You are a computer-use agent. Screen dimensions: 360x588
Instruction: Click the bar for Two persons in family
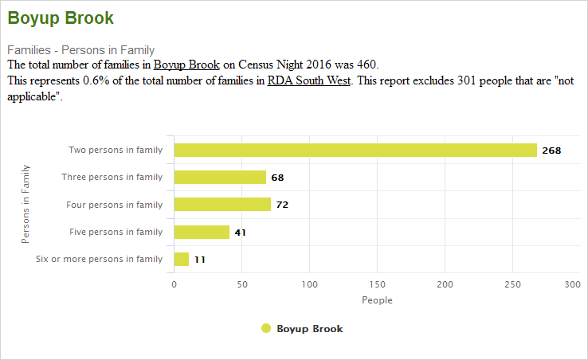pyautogui.click(x=355, y=150)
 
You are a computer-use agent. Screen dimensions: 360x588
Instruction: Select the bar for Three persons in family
pyautogui.click(x=220, y=177)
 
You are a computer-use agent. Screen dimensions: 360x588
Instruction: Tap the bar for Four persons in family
pyautogui.click(x=222, y=205)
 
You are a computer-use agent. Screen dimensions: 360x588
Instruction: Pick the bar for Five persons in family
pyautogui.click(x=202, y=232)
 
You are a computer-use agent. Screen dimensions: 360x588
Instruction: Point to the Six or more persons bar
pyautogui.click(x=182, y=259)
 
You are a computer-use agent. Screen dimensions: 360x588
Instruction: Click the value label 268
pyautogui.click(x=551, y=150)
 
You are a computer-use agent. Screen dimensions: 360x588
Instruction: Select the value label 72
pyautogui.click(x=282, y=205)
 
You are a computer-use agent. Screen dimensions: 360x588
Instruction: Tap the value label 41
pyautogui.click(x=241, y=233)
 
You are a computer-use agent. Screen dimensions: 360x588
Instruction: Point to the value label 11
pyautogui.click(x=200, y=260)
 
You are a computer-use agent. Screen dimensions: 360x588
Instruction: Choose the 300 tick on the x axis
pyautogui.click(x=571, y=284)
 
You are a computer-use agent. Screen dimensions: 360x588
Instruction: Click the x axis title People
pyautogui.click(x=377, y=300)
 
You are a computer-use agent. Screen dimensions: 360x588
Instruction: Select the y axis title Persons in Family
pyautogui.click(x=25, y=204)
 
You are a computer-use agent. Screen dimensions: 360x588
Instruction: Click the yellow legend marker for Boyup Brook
pyautogui.click(x=266, y=328)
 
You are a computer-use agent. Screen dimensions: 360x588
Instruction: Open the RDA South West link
pyautogui.click(x=309, y=80)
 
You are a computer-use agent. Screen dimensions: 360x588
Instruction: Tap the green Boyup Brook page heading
pyautogui.click(x=61, y=18)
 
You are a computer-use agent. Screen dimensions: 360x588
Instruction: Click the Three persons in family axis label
pyautogui.click(x=112, y=177)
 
